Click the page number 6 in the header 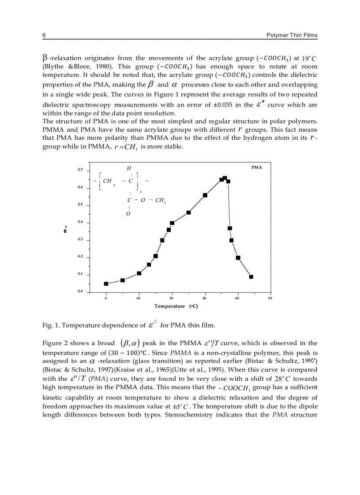(44, 35)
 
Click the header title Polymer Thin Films (292, 35)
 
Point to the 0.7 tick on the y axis (80, 170)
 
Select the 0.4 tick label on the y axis (80, 222)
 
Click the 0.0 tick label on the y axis (80, 291)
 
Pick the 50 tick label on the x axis (270, 298)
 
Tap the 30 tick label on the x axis (205, 298)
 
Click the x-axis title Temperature (170, 306)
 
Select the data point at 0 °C (106, 284)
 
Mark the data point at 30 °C (205, 195)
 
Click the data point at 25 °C (189, 212)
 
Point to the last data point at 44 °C (251, 277)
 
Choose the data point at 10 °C (139, 273)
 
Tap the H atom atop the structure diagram (129, 168)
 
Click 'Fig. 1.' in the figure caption (51, 325)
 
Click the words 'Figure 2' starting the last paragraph (55, 343)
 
